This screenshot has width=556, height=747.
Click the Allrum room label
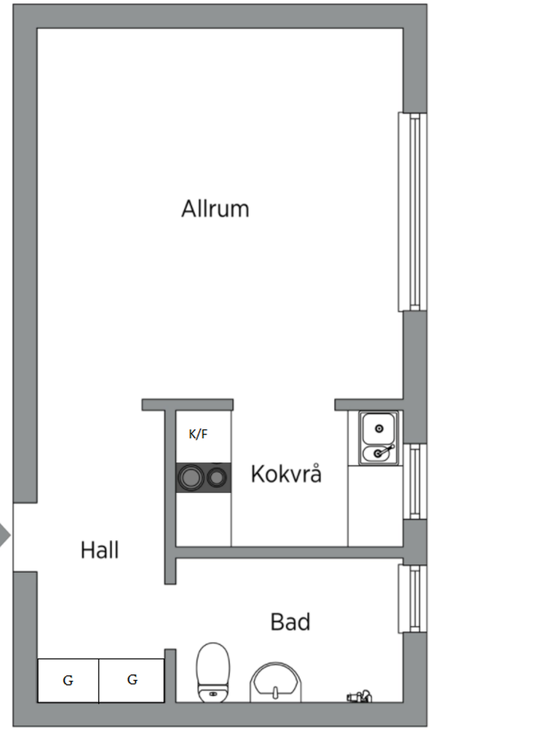tap(215, 209)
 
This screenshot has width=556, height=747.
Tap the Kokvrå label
tap(286, 474)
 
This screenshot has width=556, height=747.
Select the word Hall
tap(99, 550)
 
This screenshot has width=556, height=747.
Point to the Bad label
tap(290, 622)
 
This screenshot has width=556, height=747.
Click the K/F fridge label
tap(198, 434)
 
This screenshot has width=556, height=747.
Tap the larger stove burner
tap(191, 478)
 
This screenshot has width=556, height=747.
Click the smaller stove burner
tap(217, 478)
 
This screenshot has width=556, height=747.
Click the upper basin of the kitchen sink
tap(379, 428)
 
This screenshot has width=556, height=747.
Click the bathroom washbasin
tap(275, 682)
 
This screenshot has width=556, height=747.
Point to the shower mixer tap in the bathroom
tap(359, 696)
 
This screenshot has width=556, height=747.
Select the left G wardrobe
tap(68, 680)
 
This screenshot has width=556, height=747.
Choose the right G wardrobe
tap(132, 680)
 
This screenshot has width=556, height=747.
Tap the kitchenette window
tap(415, 481)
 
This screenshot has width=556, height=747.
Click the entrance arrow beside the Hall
tap(4, 535)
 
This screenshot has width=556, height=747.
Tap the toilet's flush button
tap(213, 694)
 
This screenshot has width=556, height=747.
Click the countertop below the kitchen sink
tap(375, 505)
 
